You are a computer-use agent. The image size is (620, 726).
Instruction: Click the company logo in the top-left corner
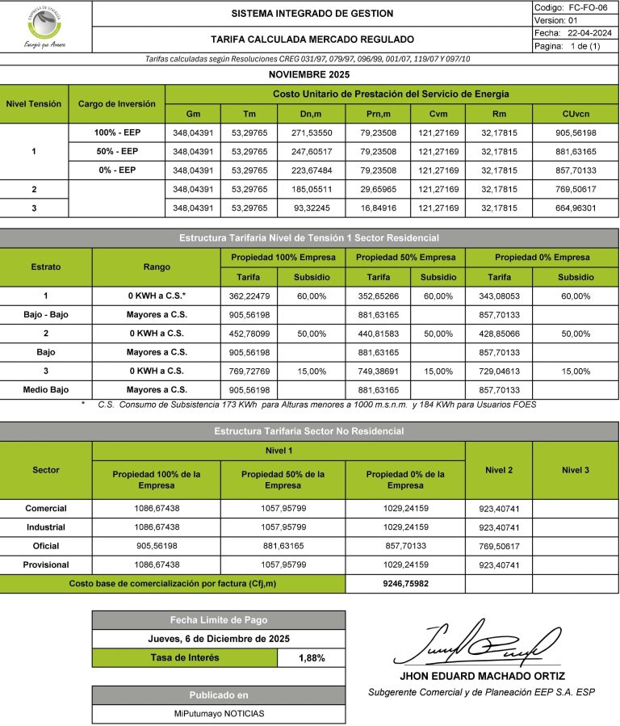point(45,27)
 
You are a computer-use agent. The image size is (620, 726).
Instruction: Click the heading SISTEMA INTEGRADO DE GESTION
point(312,14)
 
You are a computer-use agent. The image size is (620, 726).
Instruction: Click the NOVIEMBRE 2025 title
point(310,74)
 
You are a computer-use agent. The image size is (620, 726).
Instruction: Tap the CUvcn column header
point(576,114)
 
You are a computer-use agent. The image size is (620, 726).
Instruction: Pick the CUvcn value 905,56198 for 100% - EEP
point(576,132)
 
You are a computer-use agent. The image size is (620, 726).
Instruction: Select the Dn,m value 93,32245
point(311,208)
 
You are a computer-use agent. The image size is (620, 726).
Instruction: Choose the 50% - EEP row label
point(117,151)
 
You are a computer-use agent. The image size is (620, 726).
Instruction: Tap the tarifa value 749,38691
point(378,371)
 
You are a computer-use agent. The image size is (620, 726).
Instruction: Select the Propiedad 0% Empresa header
point(542,258)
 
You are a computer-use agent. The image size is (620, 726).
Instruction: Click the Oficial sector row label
point(46,546)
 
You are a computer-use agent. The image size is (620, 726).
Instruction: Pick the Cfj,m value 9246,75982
point(405,583)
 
